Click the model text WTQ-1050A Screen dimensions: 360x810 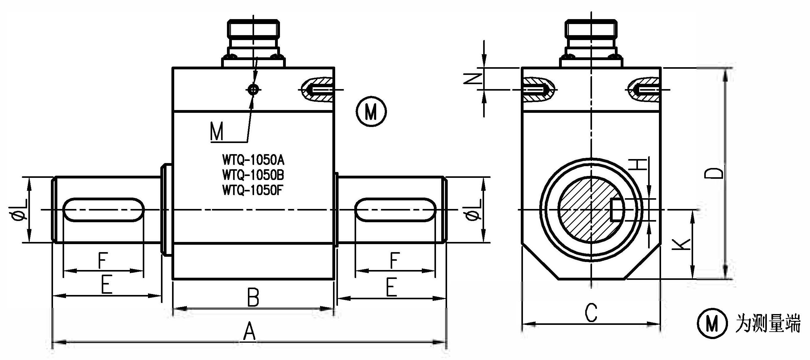253,160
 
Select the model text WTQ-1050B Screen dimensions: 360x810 253,175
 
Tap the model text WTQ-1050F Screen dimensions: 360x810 253,190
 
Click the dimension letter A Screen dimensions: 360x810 249,331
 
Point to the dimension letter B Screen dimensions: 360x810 253,297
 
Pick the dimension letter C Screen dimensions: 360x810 591,313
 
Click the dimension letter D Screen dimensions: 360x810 713,173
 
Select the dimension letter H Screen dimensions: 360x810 638,164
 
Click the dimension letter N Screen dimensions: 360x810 472,79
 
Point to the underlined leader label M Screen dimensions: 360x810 217,132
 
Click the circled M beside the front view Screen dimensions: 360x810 371,112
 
